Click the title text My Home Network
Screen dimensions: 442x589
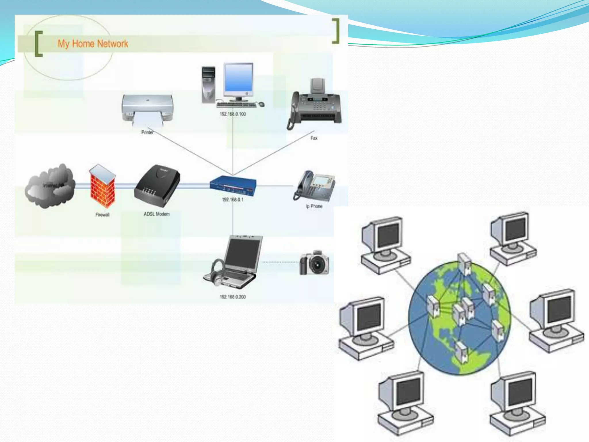coord(93,44)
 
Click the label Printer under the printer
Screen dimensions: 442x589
coord(147,132)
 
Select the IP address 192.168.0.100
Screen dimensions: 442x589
coord(233,114)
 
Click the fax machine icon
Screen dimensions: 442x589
coord(315,105)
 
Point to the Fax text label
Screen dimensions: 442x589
coord(314,138)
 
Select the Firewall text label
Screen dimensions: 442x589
coord(102,215)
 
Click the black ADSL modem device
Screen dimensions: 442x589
coord(157,186)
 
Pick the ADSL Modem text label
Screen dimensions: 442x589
coord(157,214)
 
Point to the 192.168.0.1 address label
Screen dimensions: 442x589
coord(233,200)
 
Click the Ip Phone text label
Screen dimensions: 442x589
coord(314,207)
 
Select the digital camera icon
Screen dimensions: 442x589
coord(314,263)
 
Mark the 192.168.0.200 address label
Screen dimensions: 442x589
coord(233,297)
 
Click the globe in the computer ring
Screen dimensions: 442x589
coord(459,318)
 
